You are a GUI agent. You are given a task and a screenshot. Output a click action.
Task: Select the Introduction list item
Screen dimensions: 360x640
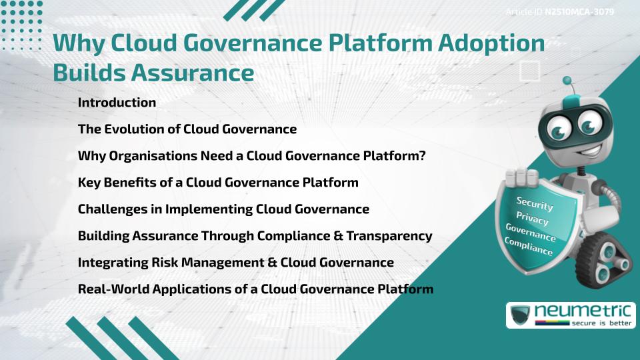point(117,103)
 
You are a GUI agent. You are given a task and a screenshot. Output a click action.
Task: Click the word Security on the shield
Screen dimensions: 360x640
point(535,204)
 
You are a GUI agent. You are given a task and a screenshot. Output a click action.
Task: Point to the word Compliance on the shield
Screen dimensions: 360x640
point(529,247)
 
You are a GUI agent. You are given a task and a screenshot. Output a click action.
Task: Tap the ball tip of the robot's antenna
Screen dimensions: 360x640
point(567,81)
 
